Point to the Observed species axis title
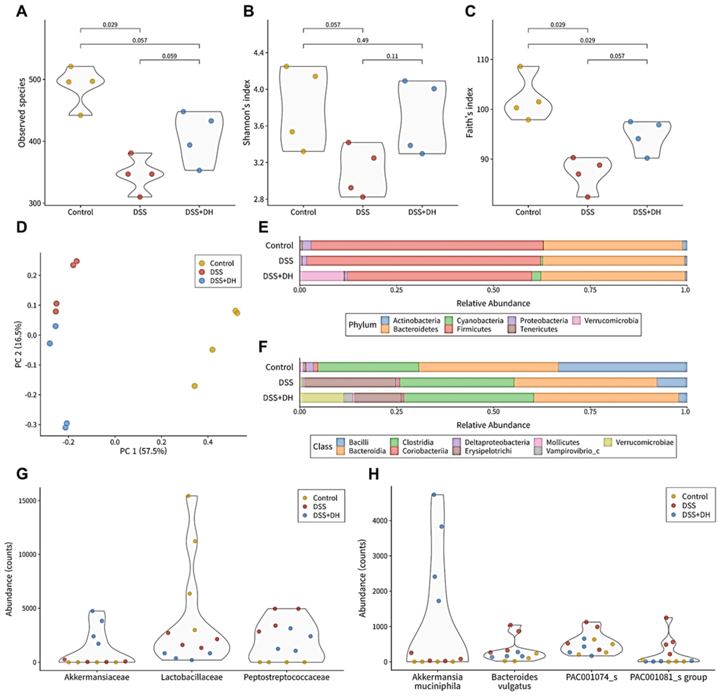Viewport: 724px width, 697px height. [x=22, y=113]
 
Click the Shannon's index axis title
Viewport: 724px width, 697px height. [x=247, y=113]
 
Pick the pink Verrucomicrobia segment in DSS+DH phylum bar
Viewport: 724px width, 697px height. [x=322, y=276]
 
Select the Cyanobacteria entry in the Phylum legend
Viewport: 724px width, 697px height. [x=479, y=320]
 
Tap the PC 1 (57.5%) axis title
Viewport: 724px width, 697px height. [x=143, y=451]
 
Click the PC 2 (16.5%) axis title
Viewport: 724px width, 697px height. [x=18, y=344]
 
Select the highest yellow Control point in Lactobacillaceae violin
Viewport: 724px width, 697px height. [x=188, y=496]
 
